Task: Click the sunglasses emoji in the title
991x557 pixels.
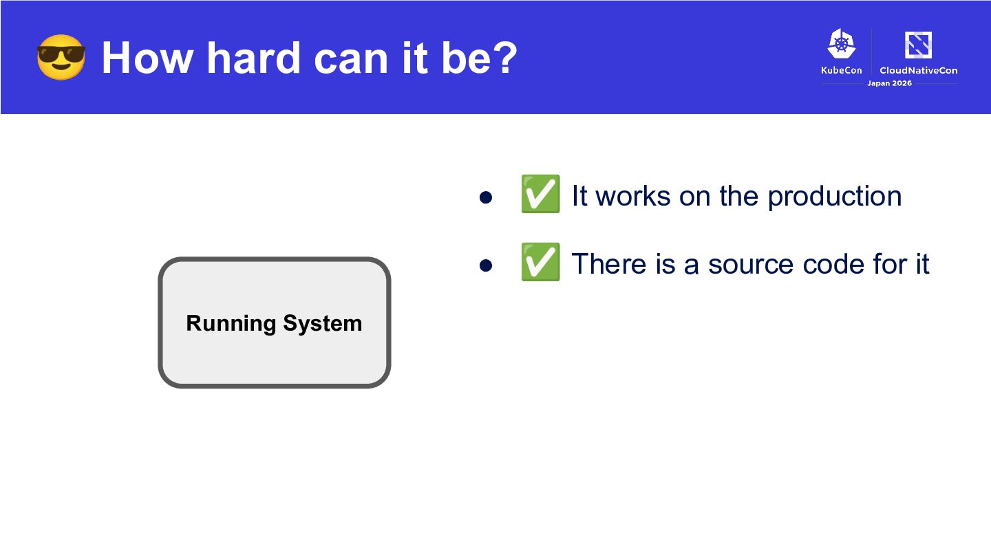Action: pos(61,58)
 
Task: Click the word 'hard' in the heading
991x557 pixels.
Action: pos(253,58)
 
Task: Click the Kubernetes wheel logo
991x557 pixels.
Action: pos(842,43)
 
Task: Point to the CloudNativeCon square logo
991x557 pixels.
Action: pos(919,45)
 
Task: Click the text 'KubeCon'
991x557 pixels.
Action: pos(842,70)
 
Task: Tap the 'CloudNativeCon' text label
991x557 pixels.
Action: pos(919,70)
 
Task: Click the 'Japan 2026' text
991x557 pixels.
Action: pos(889,83)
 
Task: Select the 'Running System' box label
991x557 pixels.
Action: pos(275,323)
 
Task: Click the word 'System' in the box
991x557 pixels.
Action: pos(323,323)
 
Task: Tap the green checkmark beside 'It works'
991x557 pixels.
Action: pos(540,194)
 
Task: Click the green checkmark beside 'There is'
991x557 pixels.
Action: pos(540,262)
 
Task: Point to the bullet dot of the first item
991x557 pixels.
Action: pos(486,197)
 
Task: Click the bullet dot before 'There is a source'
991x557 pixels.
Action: pos(486,265)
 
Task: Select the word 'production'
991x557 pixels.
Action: pos(835,196)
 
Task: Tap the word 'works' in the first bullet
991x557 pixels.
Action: pos(633,195)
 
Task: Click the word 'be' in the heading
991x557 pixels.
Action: pos(466,58)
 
